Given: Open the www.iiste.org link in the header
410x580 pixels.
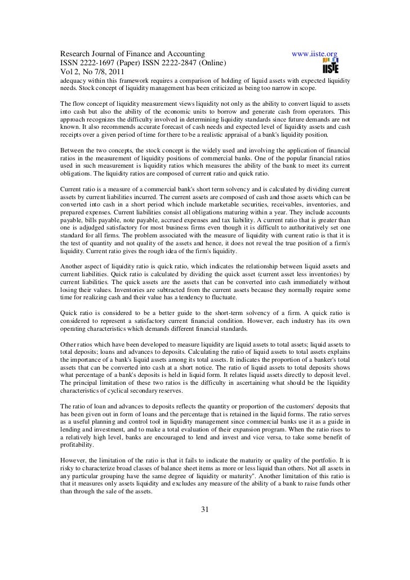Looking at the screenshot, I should point(313,54).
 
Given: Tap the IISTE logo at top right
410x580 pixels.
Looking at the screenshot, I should point(330,66).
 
